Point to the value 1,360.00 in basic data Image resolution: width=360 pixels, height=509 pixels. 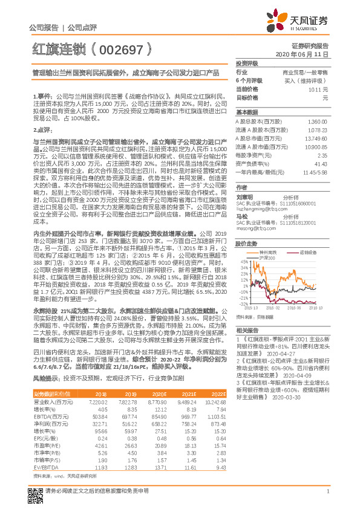point(317,122)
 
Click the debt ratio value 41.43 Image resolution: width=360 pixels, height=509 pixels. point(320,164)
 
